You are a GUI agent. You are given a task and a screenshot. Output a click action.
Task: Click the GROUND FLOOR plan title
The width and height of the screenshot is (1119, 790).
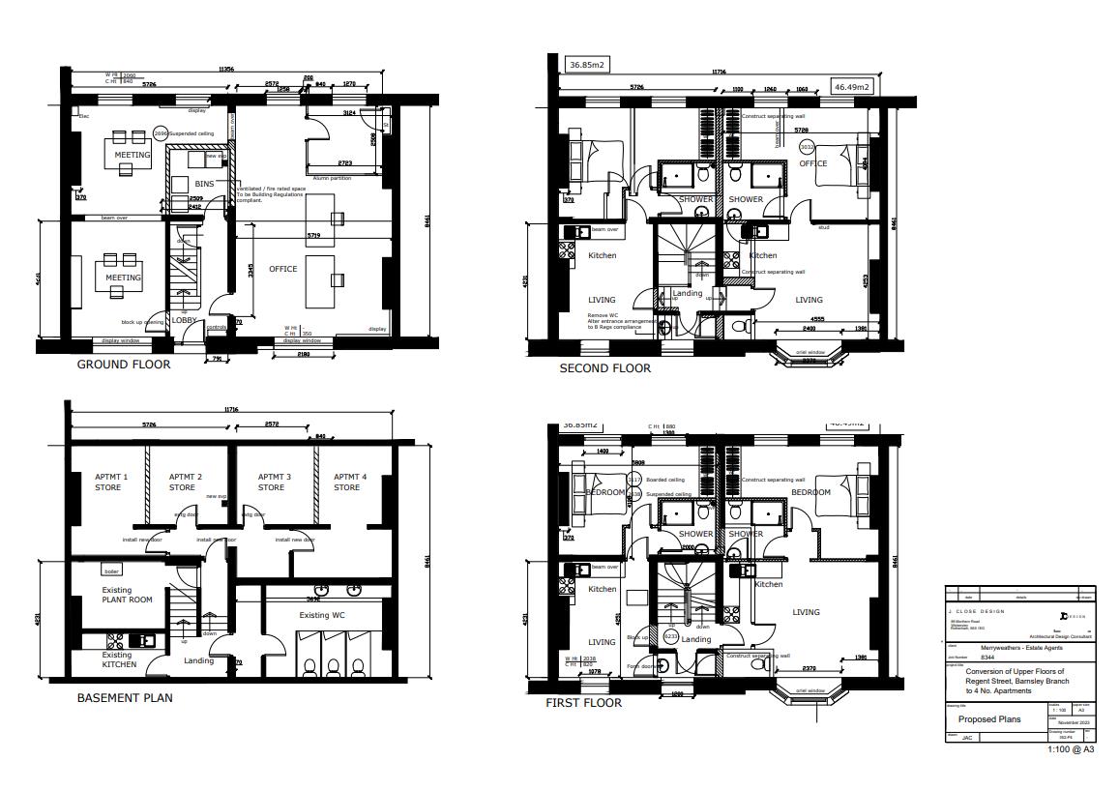[x=124, y=365]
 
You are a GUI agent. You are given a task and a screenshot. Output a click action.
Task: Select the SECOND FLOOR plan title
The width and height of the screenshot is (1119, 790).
[x=605, y=368]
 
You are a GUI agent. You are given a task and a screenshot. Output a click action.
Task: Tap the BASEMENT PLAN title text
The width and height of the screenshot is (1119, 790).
[x=125, y=697]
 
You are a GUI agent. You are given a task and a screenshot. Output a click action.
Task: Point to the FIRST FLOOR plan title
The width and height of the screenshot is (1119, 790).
[x=583, y=703]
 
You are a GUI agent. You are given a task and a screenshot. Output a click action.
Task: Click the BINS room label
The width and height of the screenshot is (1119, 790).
[x=204, y=184]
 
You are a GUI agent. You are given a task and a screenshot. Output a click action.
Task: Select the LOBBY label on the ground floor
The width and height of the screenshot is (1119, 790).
[x=184, y=320]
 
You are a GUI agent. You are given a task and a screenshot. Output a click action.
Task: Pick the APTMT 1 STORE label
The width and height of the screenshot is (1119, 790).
[x=108, y=482]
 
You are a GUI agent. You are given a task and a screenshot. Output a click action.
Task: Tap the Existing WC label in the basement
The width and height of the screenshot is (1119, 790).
[x=322, y=615]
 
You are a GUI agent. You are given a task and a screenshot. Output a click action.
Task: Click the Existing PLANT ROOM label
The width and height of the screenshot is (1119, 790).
[x=127, y=595]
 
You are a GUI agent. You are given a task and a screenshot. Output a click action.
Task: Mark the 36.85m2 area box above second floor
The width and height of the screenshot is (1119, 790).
[x=587, y=65]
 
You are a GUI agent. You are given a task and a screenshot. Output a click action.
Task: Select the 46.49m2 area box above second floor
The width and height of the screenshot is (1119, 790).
[x=852, y=87]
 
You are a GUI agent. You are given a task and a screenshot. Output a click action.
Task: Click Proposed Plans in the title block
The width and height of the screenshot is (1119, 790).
[x=989, y=719]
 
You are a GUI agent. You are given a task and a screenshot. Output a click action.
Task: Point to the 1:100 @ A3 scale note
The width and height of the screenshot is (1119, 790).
[x=1071, y=749]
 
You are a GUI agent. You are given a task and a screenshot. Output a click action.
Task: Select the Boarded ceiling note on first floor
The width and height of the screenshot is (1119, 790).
[x=665, y=480]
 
